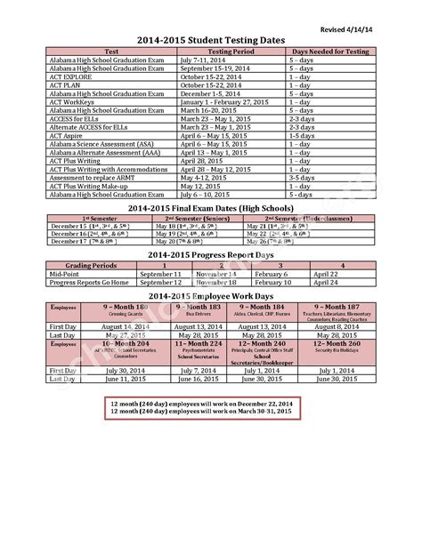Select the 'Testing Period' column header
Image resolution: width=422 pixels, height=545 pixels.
pyautogui.click(x=232, y=52)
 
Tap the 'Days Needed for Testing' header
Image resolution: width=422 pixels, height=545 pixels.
pyautogui.click(x=330, y=52)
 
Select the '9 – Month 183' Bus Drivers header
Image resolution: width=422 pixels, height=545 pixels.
pyautogui.click(x=192, y=306)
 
